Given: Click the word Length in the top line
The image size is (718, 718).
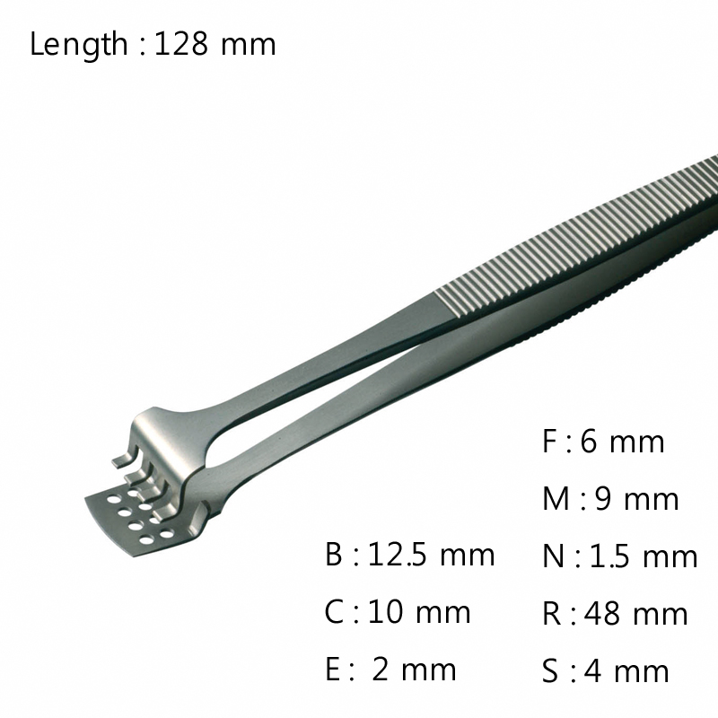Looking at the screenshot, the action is point(79,44).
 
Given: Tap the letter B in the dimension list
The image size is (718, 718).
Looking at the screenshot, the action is point(334,554).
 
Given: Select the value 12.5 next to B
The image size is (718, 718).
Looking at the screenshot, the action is point(398,554).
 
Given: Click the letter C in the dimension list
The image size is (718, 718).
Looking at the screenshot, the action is point(334,611).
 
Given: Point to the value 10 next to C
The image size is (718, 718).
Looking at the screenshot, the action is point(385,611).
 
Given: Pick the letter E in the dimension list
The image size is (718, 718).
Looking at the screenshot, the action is point(333,669).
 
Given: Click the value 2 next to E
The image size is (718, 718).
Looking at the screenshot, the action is point(381,669).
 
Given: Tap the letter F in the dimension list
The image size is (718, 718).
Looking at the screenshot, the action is point(550,441).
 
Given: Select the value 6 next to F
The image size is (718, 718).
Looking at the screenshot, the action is point(591,441).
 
